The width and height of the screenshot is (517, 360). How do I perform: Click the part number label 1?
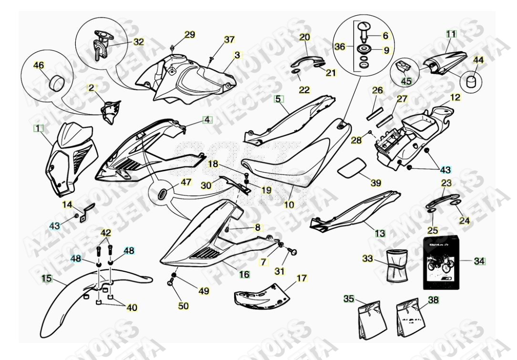[x=38, y=128]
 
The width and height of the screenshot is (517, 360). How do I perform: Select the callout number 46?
[x=38, y=65]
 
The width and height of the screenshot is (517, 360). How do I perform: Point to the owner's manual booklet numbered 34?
[x=443, y=262]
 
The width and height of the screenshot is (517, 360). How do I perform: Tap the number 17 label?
[x=302, y=278]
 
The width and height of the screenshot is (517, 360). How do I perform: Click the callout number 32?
[x=138, y=42]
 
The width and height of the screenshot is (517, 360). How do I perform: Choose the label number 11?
[x=451, y=34]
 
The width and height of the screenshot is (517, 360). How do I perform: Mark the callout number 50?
[x=184, y=306]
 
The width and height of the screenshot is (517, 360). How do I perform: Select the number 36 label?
[x=340, y=47]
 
